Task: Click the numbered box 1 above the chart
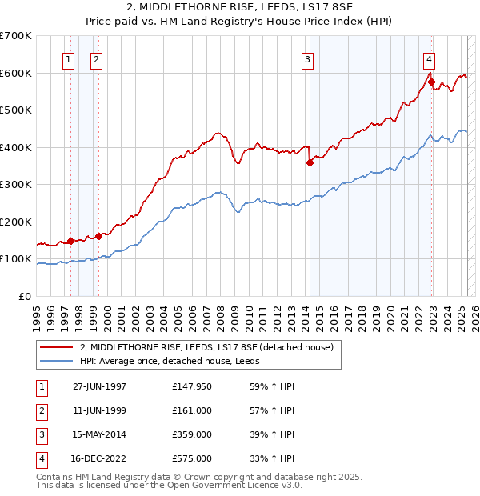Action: click(69, 58)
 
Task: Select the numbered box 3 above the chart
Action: click(307, 58)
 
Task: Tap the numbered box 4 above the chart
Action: click(430, 58)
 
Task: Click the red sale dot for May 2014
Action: click(310, 163)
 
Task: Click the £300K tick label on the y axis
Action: click(17, 185)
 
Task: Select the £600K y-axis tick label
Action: click(17, 73)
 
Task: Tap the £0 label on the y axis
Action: click(26, 296)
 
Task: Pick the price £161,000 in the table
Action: click(192, 410)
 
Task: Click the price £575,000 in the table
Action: click(192, 458)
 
